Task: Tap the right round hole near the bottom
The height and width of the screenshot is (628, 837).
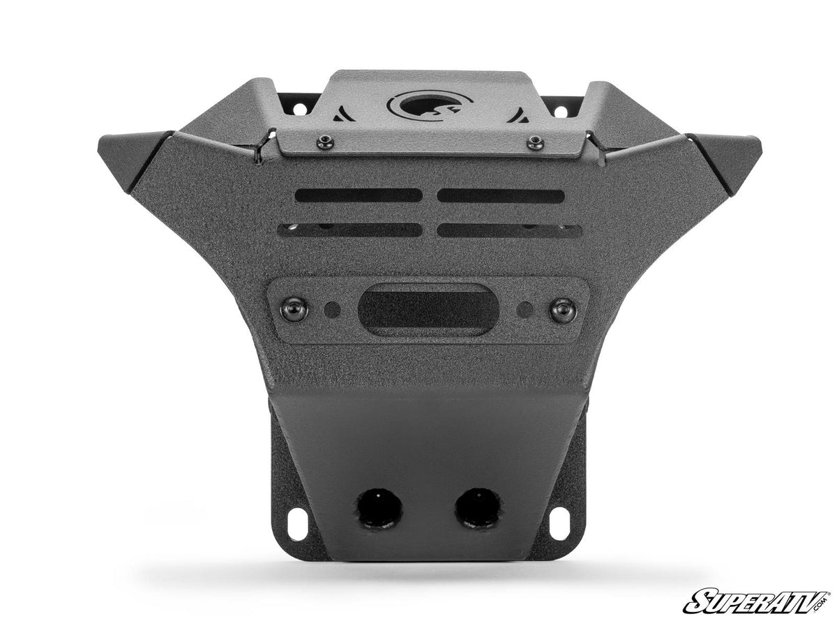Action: pyautogui.click(x=478, y=509)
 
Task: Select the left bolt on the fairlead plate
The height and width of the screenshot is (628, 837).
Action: pyautogui.click(x=294, y=308)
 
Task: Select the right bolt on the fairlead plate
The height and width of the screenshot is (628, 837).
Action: pyautogui.click(x=563, y=309)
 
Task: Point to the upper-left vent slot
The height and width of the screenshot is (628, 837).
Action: pyautogui.click(x=358, y=195)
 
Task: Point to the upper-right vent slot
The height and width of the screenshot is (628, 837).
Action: pyautogui.click(x=501, y=195)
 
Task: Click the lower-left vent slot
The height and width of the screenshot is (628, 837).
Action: pyautogui.click(x=349, y=230)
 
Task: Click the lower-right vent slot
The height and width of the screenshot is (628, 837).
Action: pyautogui.click(x=509, y=230)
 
